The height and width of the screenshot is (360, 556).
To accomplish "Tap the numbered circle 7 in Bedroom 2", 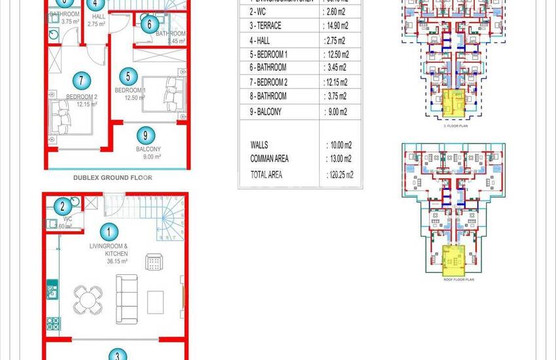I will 80,81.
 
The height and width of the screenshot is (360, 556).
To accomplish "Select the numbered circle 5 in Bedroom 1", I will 128,75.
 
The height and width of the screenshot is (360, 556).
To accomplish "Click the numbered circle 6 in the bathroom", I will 148,25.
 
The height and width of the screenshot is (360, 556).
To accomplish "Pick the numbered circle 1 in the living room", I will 109,230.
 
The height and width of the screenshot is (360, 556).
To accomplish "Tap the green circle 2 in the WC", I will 62,206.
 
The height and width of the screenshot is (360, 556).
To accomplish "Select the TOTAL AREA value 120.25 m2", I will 339,175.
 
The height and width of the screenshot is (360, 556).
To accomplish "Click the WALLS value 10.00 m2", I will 338,145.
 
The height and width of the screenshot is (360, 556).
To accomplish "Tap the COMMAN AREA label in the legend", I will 269,158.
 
